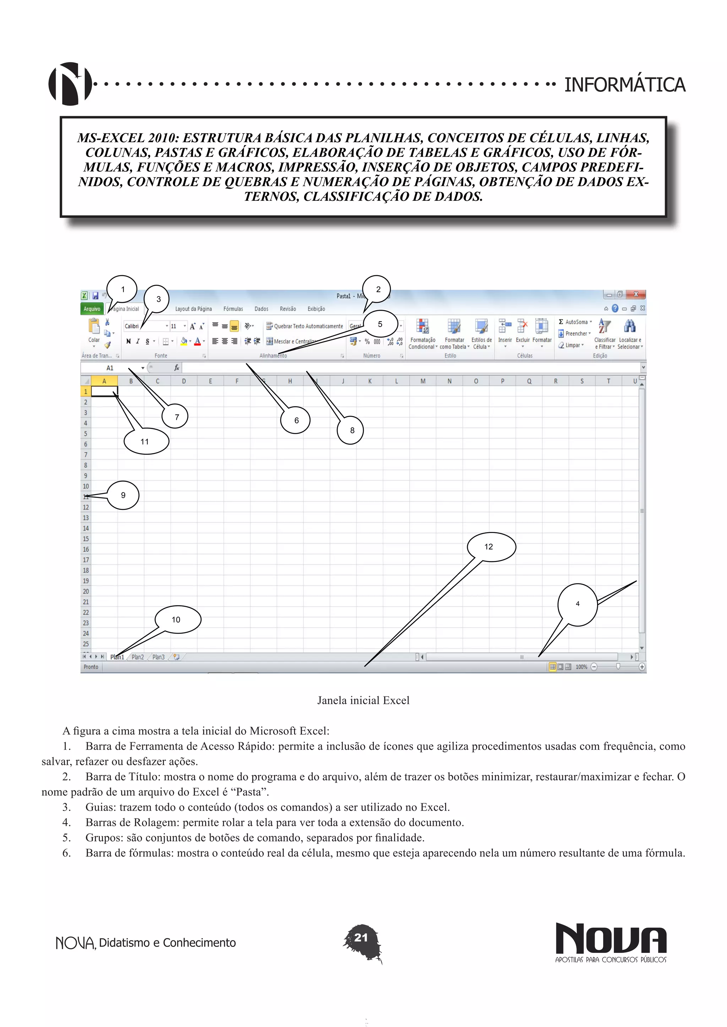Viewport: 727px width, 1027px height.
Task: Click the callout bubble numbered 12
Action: pos(491,546)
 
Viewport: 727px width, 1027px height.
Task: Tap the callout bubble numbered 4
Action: pos(578,604)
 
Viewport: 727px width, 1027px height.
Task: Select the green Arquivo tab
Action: pos(92,309)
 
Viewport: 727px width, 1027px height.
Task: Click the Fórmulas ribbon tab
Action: pos(233,309)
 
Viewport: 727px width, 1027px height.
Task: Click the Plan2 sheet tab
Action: pos(137,657)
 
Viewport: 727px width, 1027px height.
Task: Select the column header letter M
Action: pos(422,381)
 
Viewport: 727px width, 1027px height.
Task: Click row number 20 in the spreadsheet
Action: pos(86,591)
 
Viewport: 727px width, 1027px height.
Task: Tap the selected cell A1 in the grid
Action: pos(104,392)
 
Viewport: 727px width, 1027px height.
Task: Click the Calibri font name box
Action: pos(144,326)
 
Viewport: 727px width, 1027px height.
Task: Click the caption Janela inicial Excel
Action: pos(363,700)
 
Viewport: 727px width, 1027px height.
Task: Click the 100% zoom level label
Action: pos(581,667)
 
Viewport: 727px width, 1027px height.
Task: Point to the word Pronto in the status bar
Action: pos(91,667)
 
